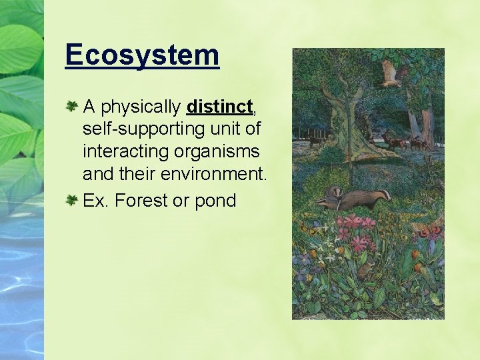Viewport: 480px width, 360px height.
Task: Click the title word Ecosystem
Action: pyautogui.click(x=142, y=55)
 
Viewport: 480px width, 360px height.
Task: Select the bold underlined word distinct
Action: pyautogui.click(x=220, y=107)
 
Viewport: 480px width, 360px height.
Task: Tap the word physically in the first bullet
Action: pyautogui.click(x=141, y=107)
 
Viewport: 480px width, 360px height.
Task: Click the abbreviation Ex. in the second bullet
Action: pyautogui.click(x=96, y=201)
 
